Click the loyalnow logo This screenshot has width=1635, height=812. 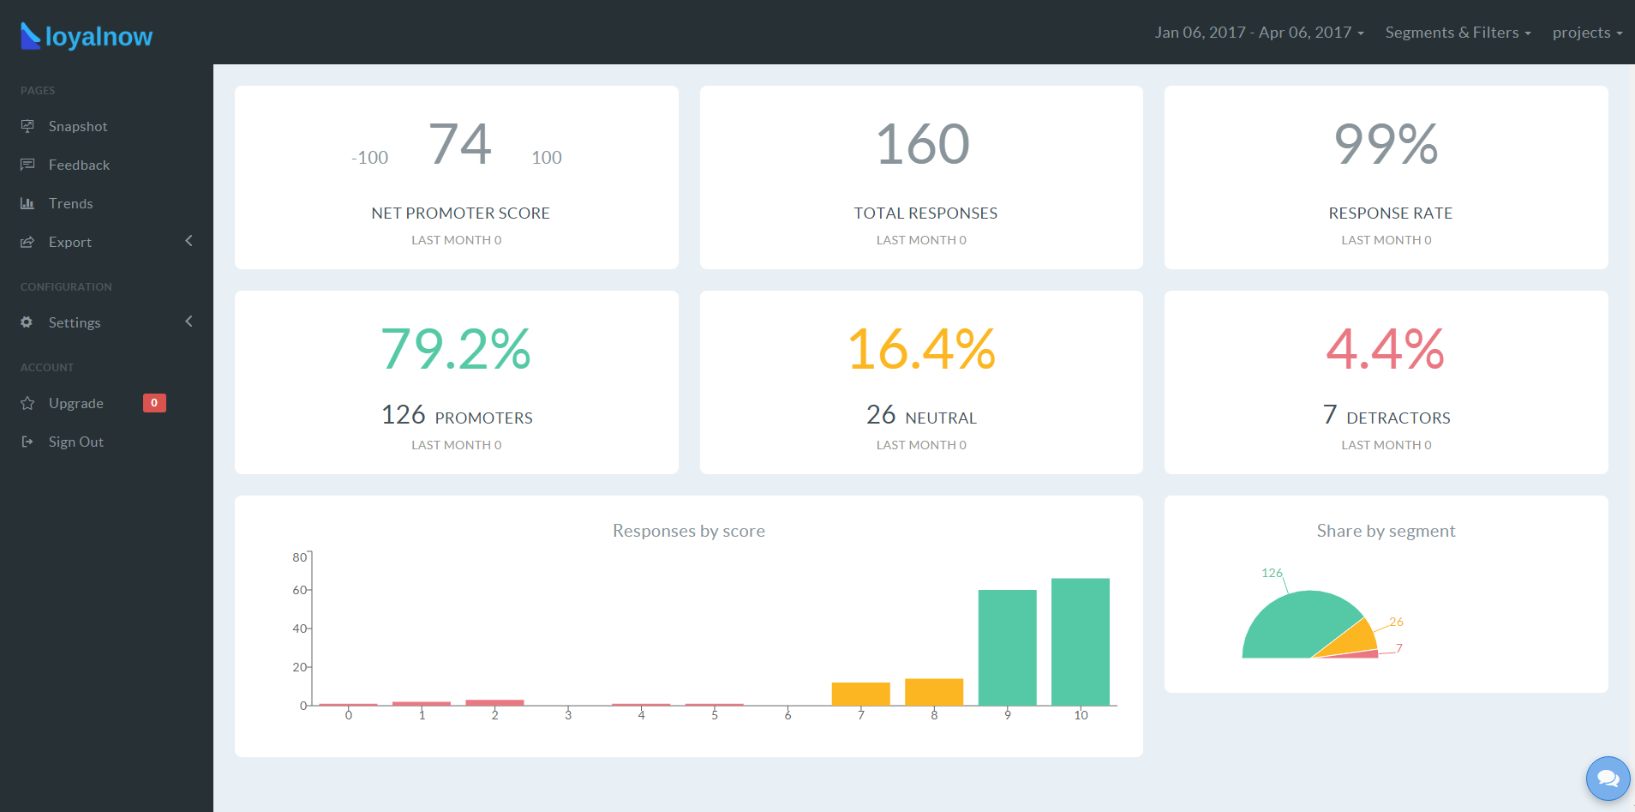[x=87, y=36]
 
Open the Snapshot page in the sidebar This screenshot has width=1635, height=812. [x=77, y=126]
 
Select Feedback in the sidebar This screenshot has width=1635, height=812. [x=79, y=165]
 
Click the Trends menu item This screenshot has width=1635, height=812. [x=70, y=203]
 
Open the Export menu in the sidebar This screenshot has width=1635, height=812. [x=70, y=242]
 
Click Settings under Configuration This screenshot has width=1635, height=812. [x=75, y=322]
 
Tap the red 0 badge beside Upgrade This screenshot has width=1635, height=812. [x=154, y=403]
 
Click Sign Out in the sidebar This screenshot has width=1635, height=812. [x=75, y=442]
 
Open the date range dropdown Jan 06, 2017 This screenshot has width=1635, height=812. [x=1259, y=33]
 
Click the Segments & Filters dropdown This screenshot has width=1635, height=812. [x=1458, y=33]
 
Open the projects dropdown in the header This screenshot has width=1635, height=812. [x=1587, y=33]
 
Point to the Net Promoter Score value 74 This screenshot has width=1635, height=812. [x=460, y=143]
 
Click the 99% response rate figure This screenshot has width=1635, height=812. [x=1386, y=143]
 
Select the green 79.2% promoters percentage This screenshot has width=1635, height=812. [x=456, y=349]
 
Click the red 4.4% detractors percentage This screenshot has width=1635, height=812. [x=1386, y=349]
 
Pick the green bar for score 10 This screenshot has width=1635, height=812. [x=1081, y=641]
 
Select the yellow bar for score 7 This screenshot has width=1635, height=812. [x=861, y=694]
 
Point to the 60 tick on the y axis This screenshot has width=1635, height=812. [x=300, y=590]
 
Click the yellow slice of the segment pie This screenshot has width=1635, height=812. [x=1351, y=639]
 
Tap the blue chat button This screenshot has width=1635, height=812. [x=1608, y=779]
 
